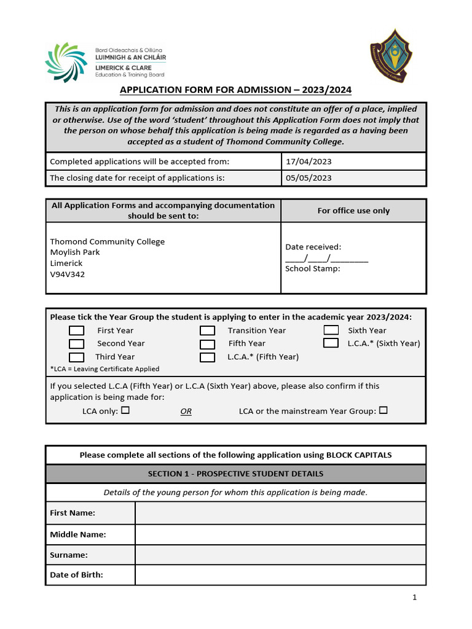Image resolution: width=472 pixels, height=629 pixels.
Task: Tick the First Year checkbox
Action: [x=76, y=330]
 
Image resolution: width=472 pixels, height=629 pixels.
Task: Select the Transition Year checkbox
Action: [x=207, y=330]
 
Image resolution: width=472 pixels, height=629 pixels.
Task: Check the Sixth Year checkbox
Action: [x=331, y=330]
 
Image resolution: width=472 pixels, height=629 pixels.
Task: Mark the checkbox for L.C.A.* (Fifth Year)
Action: [x=207, y=357]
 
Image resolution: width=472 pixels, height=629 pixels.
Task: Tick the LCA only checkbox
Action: [x=125, y=410]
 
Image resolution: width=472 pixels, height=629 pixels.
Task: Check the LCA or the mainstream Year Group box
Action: [x=383, y=410]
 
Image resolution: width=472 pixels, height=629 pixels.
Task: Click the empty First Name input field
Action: [x=280, y=513]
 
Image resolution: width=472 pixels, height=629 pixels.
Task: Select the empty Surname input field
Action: [x=280, y=555]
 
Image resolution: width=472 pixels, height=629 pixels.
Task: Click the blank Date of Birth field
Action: [x=280, y=575]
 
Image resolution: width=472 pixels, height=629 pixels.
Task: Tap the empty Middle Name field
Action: [x=280, y=534]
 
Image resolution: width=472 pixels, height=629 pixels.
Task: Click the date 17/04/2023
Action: [x=309, y=162]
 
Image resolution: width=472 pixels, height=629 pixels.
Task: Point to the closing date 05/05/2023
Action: [x=309, y=178]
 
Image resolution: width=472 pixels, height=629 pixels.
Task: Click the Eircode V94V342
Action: [x=68, y=275]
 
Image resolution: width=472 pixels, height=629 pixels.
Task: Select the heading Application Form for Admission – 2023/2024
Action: [x=235, y=90]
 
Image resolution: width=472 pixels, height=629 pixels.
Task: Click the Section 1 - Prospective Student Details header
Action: [x=235, y=474]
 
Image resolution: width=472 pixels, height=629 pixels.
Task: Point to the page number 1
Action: [x=415, y=597]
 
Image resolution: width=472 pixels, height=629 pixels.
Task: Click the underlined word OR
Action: [x=186, y=412]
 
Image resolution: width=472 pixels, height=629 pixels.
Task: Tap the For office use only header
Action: [x=353, y=211]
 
